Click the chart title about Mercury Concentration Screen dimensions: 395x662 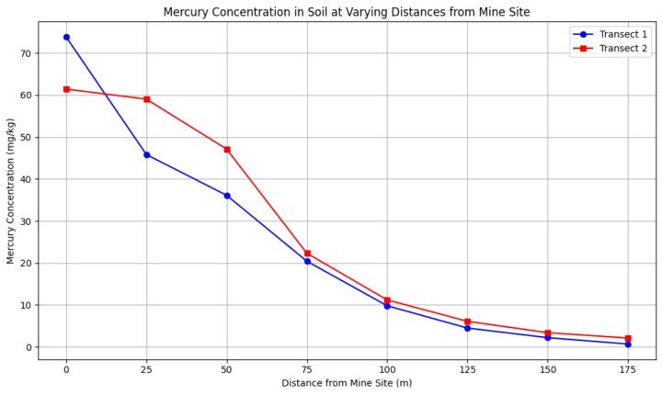click(347, 12)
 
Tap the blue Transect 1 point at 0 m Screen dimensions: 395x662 click(66, 37)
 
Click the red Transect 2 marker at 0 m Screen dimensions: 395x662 click(66, 89)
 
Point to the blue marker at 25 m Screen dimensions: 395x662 click(146, 154)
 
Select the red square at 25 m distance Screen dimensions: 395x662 click(146, 99)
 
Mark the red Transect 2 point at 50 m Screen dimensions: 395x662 click(227, 149)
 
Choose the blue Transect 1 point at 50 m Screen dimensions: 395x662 click(227, 196)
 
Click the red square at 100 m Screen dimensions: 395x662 click(387, 300)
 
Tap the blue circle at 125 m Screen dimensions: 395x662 click(467, 328)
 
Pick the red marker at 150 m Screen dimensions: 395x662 click(548, 333)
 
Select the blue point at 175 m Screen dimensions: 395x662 click(628, 344)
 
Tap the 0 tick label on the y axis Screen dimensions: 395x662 click(29, 347)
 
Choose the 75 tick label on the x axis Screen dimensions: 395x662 click(307, 369)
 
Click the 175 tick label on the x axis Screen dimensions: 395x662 click(628, 369)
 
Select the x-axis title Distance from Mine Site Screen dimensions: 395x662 click(347, 383)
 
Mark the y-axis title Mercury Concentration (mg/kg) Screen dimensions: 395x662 click(11, 191)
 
